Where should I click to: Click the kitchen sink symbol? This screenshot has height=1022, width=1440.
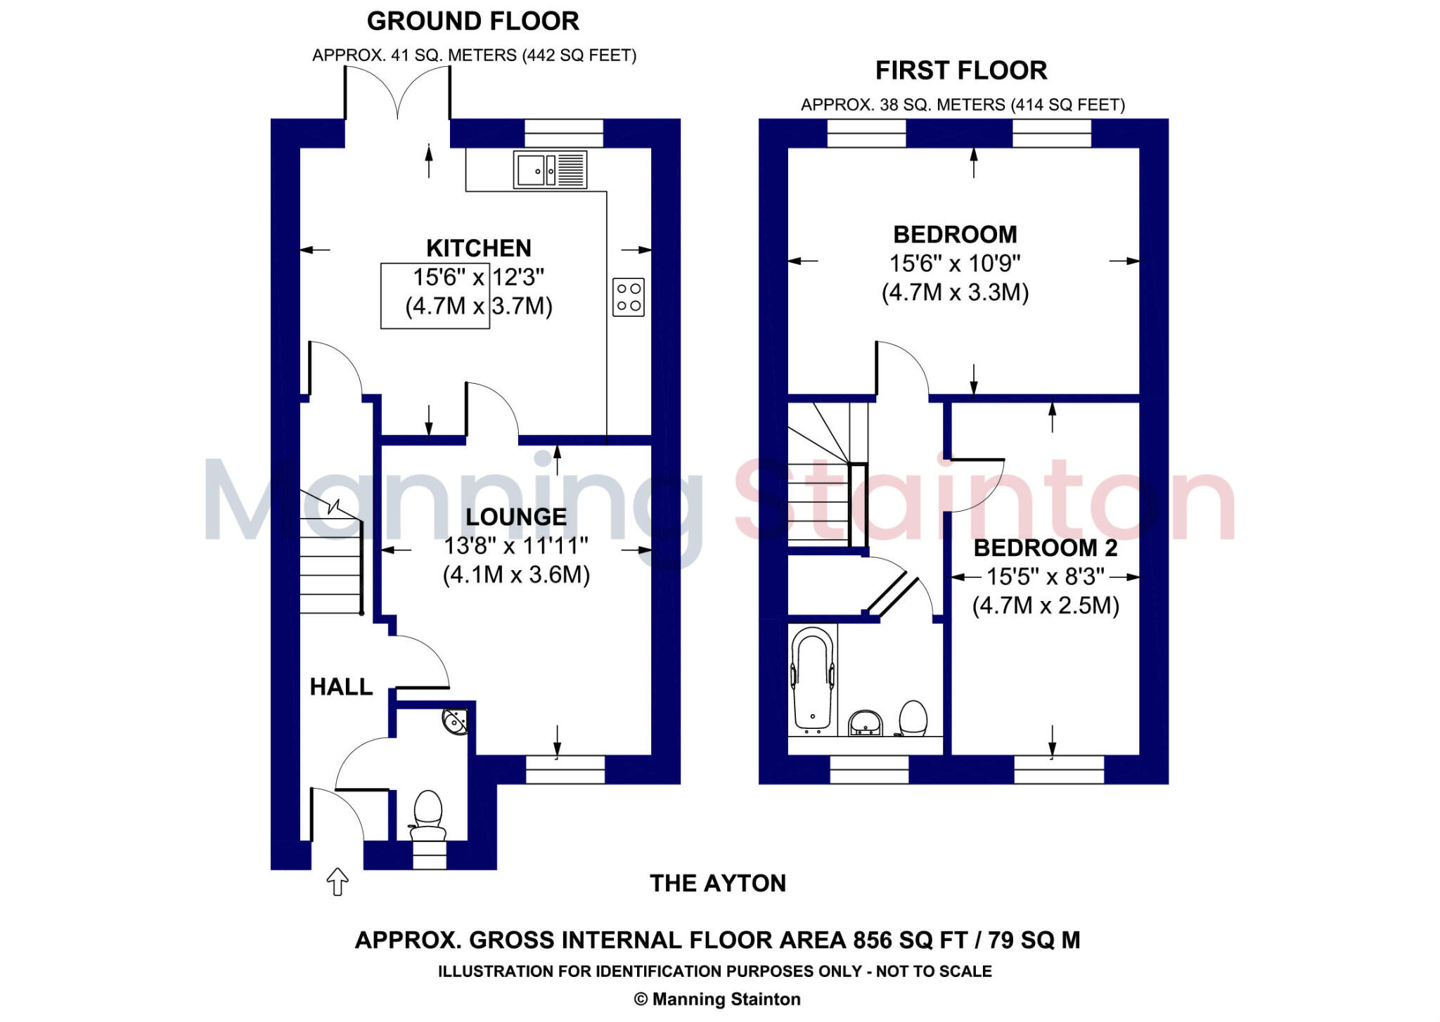(x=550, y=170)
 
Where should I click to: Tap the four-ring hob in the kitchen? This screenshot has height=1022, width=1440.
(x=628, y=297)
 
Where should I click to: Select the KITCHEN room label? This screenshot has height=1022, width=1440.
(x=479, y=248)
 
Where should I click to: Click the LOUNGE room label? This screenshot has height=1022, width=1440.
(x=516, y=517)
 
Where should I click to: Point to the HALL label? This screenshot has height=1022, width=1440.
(x=341, y=687)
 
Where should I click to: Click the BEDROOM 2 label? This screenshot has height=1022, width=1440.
(x=1045, y=548)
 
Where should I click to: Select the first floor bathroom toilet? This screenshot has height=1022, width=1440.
(x=913, y=718)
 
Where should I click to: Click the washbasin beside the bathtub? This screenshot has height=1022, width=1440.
(x=866, y=723)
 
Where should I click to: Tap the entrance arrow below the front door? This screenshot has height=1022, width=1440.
(x=337, y=881)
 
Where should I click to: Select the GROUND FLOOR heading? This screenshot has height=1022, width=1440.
(x=473, y=21)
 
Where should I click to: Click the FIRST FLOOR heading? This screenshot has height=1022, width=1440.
(x=961, y=70)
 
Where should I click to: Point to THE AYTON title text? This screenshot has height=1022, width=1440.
(x=717, y=884)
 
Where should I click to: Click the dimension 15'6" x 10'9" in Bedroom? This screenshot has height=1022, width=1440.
(x=954, y=264)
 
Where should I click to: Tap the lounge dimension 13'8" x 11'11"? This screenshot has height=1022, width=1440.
(x=515, y=545)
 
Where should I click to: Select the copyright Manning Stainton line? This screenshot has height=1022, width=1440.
(x=717, y=1000)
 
